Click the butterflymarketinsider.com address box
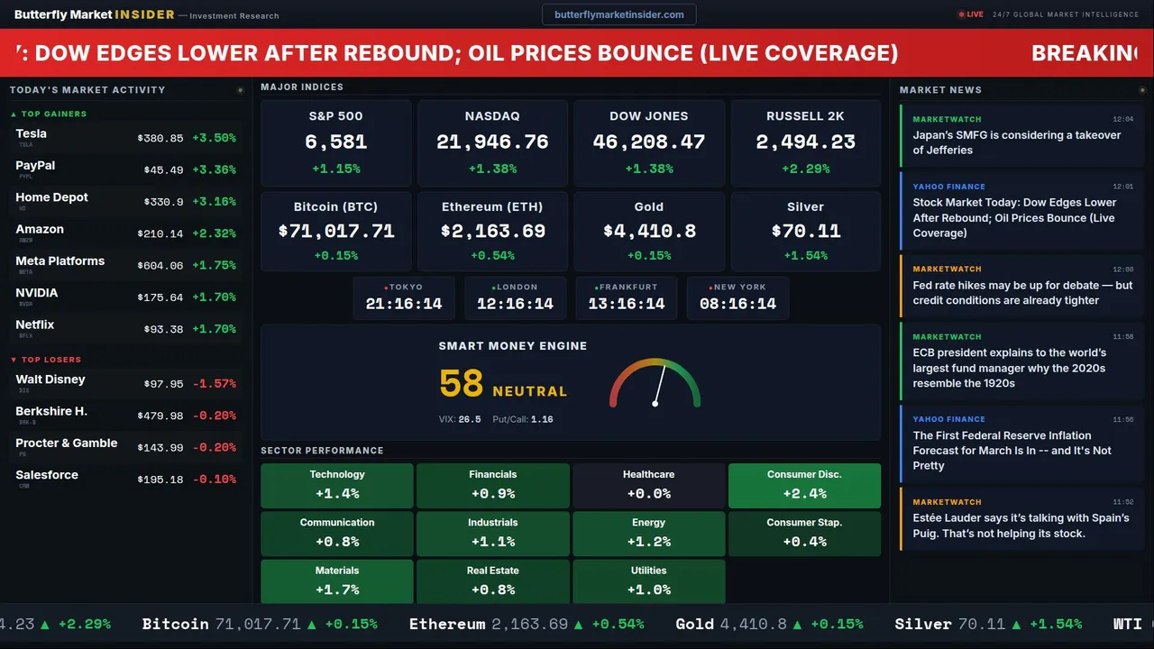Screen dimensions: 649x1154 (619, 14)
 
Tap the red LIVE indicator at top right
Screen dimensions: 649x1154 (972, 14)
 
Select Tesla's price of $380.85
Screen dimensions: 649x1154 (160, 138)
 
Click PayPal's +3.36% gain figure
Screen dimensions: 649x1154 (214, 169)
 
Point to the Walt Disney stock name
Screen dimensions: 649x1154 (50, 379)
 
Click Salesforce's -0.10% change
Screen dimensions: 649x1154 (214, 480)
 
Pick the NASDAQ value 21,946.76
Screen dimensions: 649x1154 (492, 142)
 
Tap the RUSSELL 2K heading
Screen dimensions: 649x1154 (805, 116)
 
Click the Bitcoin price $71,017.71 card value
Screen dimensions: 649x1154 (336, 231)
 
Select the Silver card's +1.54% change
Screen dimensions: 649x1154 (805, 256)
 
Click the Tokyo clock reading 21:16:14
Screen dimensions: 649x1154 (404, 304)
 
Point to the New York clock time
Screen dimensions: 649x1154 (737, 304)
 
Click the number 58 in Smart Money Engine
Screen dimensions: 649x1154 (462, 384)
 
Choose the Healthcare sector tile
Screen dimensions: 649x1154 (648, 485)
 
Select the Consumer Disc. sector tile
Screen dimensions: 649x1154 (804, 485)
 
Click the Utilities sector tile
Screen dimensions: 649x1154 (648, 581)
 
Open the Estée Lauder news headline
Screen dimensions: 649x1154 (1021, 526)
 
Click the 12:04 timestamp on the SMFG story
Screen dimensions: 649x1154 (1122, 119)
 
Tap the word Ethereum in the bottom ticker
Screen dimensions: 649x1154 (447, 624)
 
